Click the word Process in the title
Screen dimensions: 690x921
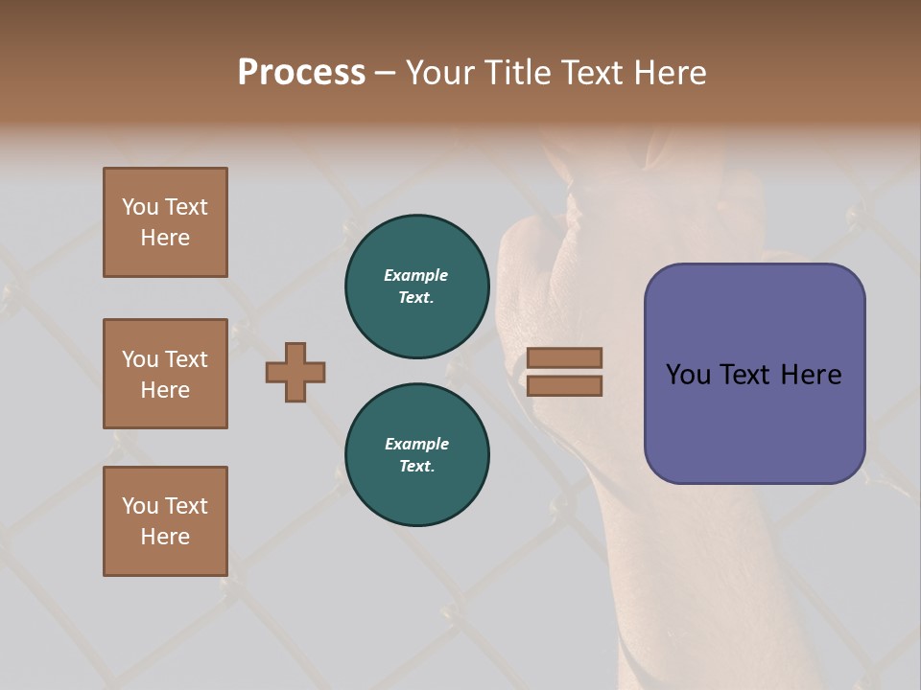[x=301, y=73]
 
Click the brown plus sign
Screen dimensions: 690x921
[x=295, y=372]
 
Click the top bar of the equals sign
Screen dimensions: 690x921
[x=564, y=357]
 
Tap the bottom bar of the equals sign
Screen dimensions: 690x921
[x=564, y=385]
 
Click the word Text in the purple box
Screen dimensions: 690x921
[x=749, y=375]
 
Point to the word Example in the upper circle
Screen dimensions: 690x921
[x=416, y=276]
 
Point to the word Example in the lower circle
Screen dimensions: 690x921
[x=416, y=445]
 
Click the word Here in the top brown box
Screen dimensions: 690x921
[x=165, y=238]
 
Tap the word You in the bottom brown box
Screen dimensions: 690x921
[x=140, y=506]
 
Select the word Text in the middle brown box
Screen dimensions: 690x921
[x=185, y=359]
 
